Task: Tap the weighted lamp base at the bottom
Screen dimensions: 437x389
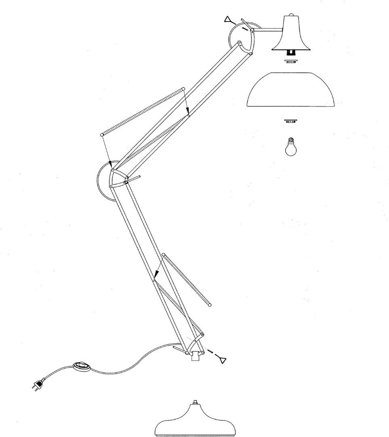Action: click(x=195, y=421)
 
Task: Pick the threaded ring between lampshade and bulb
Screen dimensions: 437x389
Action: click(x=290, y=121)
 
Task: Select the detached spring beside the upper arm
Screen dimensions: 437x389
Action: click(x=142, y=111)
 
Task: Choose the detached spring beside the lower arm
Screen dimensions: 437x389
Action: click(x=186, y=279)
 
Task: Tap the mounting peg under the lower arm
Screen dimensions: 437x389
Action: click(x=196, y=356)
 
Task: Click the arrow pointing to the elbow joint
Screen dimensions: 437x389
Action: click(x=107, y=152)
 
